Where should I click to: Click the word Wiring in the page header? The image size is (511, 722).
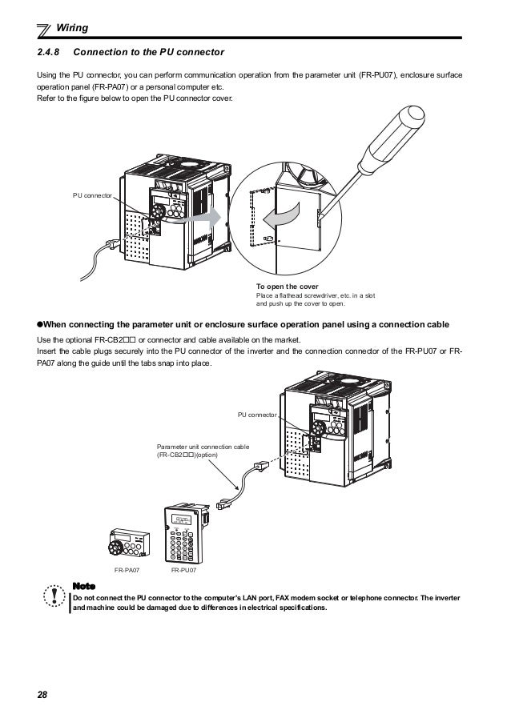pos(71,30)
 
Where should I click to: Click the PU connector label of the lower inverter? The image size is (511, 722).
pos(256,415)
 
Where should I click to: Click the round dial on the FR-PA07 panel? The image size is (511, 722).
pos(111,549)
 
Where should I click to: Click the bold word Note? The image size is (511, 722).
pos(83,586)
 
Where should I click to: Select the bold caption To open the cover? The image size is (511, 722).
pos(288,287)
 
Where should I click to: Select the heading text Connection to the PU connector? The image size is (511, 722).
pos(149,54)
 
